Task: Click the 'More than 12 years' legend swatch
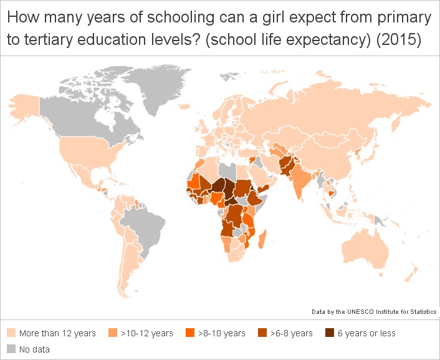(x=11, y=333)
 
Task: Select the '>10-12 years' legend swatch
(x=113, y=333)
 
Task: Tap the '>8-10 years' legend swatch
(x=190, y=333)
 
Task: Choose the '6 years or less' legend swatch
(x=329, y=333)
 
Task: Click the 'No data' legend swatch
(x=11, y=349)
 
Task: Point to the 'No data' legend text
(x=34, y=349)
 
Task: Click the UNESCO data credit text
(x=374, y=311)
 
